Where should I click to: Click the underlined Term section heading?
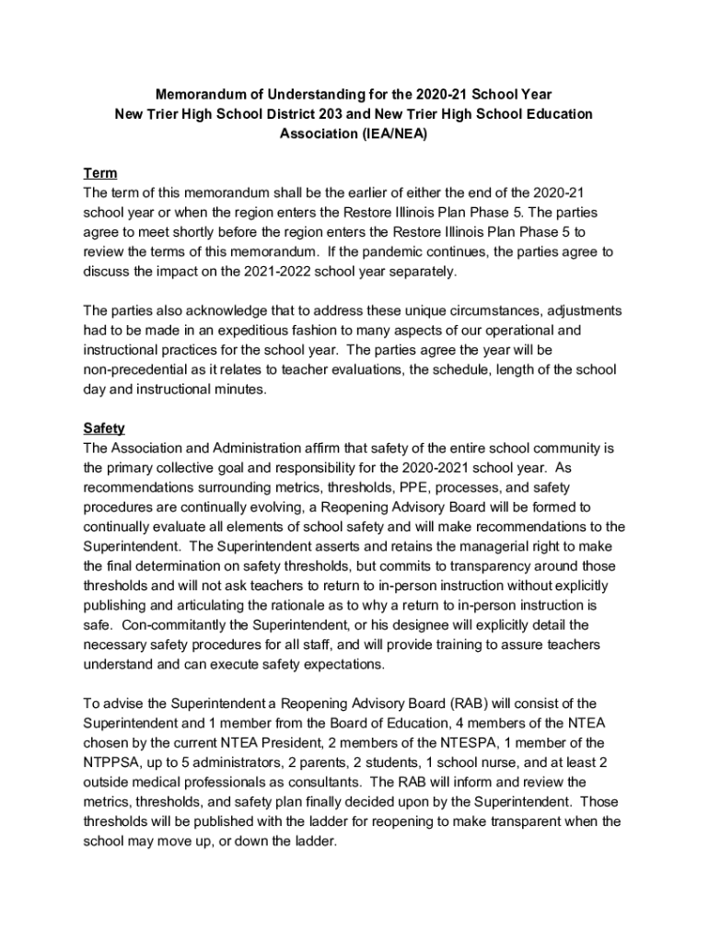pos(100,173)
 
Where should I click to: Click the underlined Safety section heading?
pos(104,428)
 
